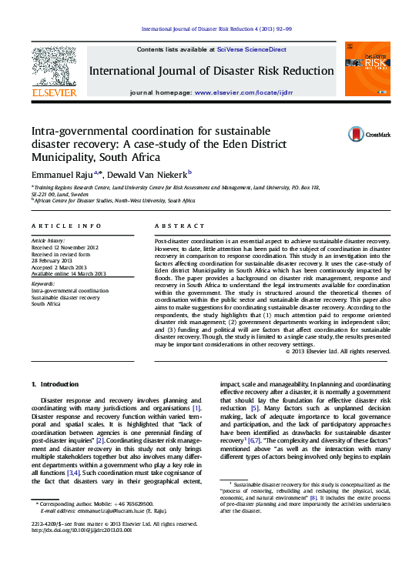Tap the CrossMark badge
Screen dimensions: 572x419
tap(358, 134)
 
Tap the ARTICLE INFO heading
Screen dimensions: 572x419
tap(66, 226)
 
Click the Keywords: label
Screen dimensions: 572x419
tap(43, 284)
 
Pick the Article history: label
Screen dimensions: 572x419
tap(49, 241)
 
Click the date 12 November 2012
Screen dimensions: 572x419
tap(79, 247)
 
